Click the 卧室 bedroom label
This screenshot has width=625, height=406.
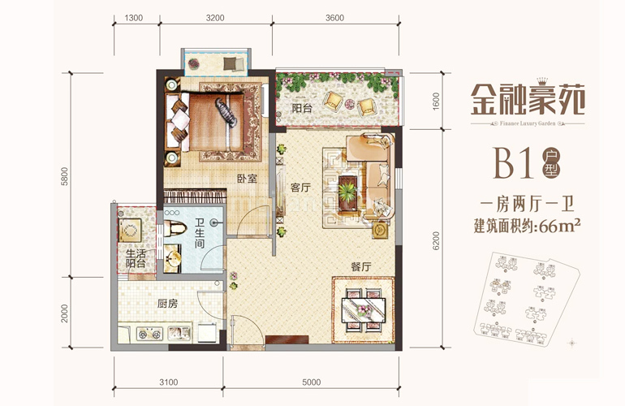248,178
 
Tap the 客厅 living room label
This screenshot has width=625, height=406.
301,186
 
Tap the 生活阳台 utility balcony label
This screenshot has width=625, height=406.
136,258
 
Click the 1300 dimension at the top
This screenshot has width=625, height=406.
136,17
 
